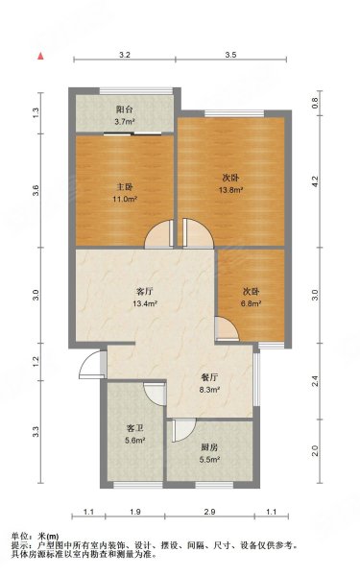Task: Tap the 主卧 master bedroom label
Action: click(x=120, y=186)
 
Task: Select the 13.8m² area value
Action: click(x=230, y=191)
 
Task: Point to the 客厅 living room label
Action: click(x=145, y=293)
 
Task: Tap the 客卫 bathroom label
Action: click(x=134, y=429)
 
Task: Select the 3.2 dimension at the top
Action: click(x=125, y=57)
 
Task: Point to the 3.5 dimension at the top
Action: click(x=230, y=57)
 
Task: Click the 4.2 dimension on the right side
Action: click(x=314, y=179)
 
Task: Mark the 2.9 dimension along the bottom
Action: click(x=210, y=513)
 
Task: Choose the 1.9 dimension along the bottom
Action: click(x=135, y=513)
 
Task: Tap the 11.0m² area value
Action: click(x=120, y=199)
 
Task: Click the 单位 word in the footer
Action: click(x=20, y=535)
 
